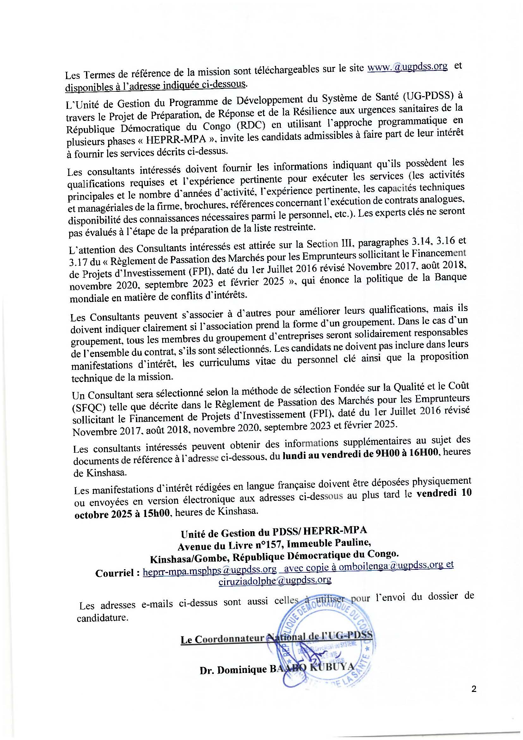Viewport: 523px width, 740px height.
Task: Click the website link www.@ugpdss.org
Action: coord(407,67)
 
